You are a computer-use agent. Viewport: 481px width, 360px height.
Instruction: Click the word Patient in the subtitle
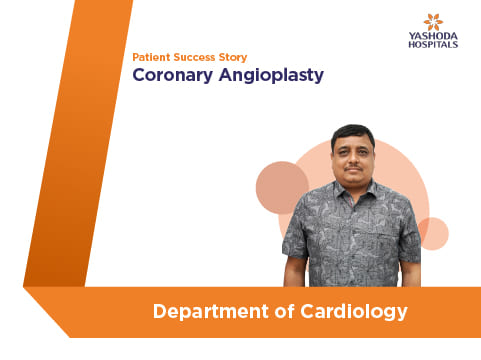[x=151, y=57]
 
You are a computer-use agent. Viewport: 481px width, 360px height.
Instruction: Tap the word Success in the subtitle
[x=194, y=57]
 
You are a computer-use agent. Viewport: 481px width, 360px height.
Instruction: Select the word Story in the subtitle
[x=233, y=58]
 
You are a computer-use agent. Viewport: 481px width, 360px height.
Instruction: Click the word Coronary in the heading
[x=173, y=76]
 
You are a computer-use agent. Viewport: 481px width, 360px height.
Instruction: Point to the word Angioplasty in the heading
[x=271, y=76]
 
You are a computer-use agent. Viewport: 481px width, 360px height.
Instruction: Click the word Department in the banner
[x=211, y=312]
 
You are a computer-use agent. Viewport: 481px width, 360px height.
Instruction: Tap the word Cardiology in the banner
[x=354, y=312]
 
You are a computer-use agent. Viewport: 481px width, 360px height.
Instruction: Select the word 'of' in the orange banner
[x=284, y=311]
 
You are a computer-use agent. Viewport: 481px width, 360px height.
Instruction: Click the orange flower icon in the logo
[x=433, y=22]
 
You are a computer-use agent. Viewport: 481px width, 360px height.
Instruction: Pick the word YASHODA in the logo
[x=433, y=36]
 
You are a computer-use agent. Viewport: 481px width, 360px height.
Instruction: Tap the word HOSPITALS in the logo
[x=433, y=45]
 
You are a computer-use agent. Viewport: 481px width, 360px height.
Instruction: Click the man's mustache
[x=354, y=168]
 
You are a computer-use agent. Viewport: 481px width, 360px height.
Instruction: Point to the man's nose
[x=353, y=159]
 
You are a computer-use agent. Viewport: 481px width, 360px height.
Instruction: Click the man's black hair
[x=353, y=133]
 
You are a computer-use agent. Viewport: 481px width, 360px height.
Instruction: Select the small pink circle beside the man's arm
[x=434, y=234]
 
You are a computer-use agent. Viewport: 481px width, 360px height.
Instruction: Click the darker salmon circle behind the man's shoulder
[x=281, y=187]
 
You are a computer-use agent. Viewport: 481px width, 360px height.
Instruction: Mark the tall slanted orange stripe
[x=78, y=143]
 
